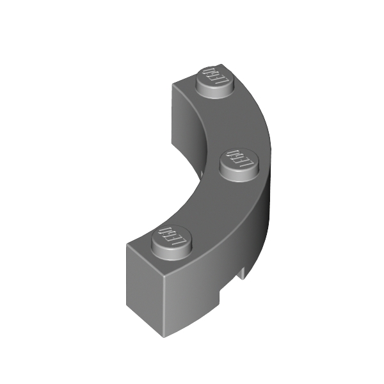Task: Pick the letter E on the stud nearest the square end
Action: [173, 237]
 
